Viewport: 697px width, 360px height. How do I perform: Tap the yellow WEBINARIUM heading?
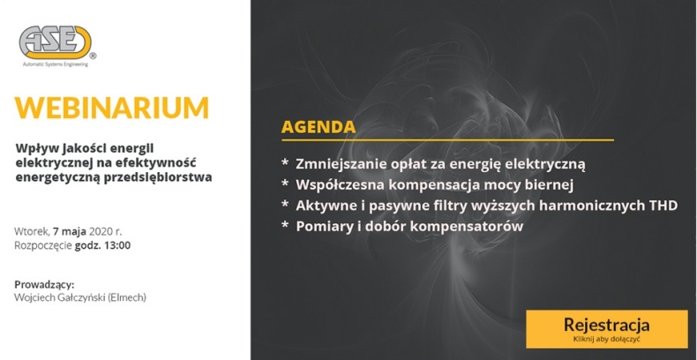[112, 108]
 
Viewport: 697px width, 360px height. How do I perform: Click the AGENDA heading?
[319, 126]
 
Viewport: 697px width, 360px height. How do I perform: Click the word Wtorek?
[32, 231]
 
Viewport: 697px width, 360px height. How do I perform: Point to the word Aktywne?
[326, 206]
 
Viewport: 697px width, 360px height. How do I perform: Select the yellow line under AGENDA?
[447, 140]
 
